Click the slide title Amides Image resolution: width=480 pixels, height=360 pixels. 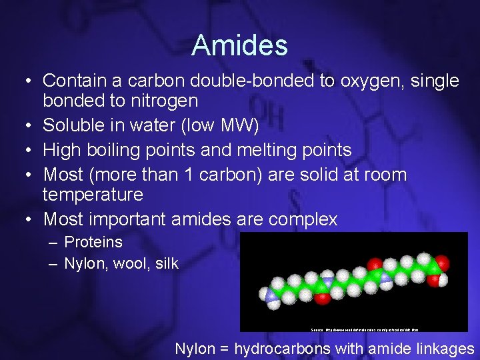239,45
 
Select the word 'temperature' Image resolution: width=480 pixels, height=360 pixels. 93,195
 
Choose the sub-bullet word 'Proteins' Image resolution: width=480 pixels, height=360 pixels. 93,242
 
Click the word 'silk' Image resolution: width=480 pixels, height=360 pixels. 166,263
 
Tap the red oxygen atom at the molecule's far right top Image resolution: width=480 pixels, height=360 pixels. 440,262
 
